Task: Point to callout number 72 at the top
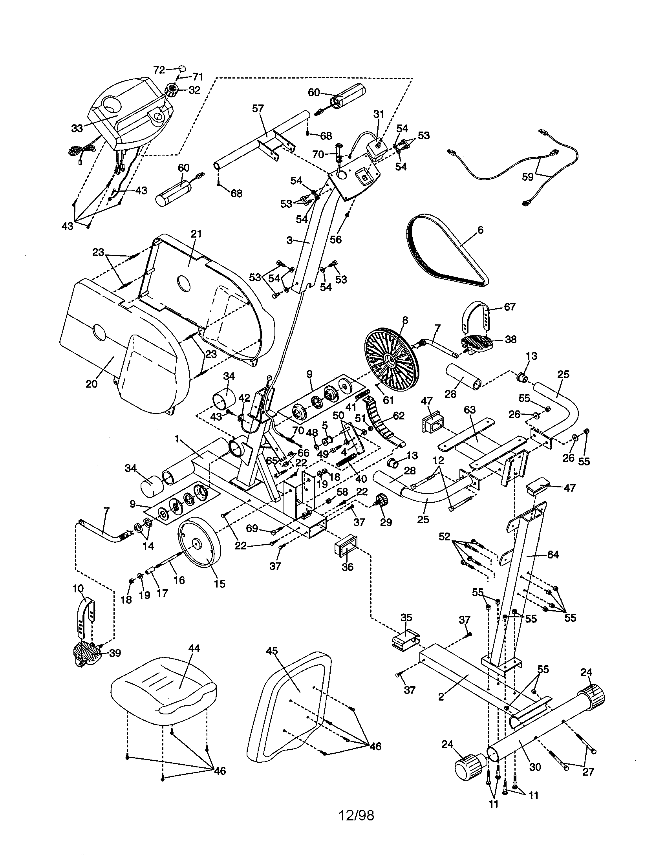coord(159,70)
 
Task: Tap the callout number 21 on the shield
coord(196,234)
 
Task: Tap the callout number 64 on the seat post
coord(553,555)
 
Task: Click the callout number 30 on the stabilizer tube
coord(535,767)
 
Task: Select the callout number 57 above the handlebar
coord(258,108)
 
